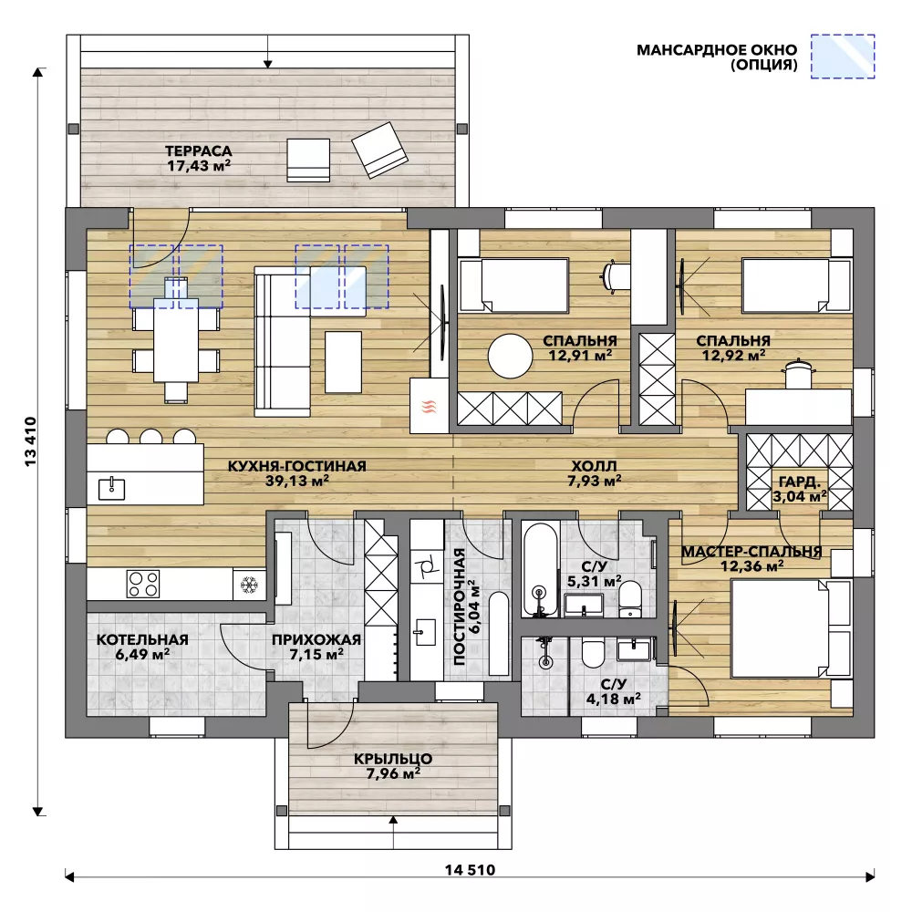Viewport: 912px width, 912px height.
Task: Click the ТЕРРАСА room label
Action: coord(198,151)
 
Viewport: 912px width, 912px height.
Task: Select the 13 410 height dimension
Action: coord(30,440)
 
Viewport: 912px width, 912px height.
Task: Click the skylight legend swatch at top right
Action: coord(843,56)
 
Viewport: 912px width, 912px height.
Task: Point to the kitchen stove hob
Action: coord(143,584)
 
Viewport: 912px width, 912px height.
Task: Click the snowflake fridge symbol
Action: coord(249,584)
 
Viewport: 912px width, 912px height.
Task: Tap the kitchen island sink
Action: coord(111,488)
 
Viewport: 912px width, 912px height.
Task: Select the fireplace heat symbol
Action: coord(430,406)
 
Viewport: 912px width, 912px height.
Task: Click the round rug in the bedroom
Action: coord(510,356)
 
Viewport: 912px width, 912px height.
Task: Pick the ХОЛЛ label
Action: coord(594,466)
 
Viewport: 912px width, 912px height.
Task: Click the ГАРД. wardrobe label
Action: coord(800,482)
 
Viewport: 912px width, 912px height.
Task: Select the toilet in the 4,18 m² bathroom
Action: coord(594,654)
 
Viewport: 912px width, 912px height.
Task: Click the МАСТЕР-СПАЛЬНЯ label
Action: coord(751,551)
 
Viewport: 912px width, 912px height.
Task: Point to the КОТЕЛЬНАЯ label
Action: coord(142,639)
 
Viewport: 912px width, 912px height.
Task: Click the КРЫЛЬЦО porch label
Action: coord(393,759)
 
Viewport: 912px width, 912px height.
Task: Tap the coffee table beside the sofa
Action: coord(343,362)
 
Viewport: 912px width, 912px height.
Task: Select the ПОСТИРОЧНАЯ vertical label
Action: coord(460,606)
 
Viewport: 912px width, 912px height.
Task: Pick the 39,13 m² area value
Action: coord(297,481)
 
